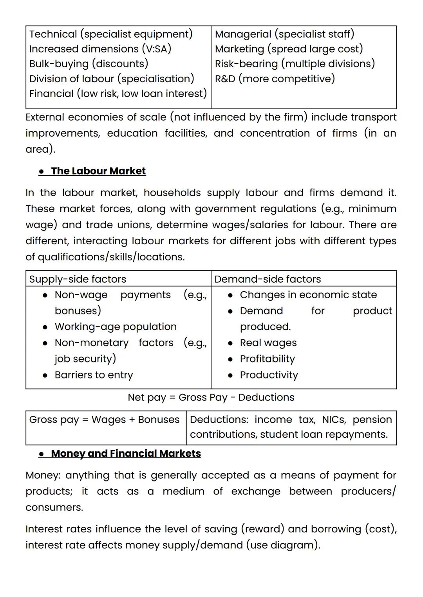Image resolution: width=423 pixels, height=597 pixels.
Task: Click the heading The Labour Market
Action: (x=98, y=171)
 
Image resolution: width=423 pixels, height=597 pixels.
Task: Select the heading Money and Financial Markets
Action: (x=126, y=453)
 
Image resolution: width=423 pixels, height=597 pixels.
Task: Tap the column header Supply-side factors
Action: (x=78, y=279)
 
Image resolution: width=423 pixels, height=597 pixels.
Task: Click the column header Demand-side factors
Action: (x=268, y=279)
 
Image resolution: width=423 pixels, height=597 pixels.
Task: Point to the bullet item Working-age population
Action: (x=116, y=326)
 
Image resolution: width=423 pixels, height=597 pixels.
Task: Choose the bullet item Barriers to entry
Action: (x=94, y=375)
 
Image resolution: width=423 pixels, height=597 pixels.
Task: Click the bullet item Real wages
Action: (x=268, y=343)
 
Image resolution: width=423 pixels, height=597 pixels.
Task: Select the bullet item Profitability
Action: (x=267, y=359)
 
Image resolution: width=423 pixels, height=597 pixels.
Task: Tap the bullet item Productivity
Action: (x=269, y=375)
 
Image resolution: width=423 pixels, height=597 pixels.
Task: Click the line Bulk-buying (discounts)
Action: (x=89, y=64)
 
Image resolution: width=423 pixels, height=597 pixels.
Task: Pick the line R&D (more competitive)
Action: (x=275, y=79)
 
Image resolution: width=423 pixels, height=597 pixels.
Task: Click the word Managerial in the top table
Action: (x=243, y=34)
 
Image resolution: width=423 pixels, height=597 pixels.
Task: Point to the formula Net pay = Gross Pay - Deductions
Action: (x=211, y=397)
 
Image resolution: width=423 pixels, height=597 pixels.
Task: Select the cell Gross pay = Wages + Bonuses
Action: (x=104, y=420)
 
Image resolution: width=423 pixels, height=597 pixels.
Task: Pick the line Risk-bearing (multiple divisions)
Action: (x=295, y=64)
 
